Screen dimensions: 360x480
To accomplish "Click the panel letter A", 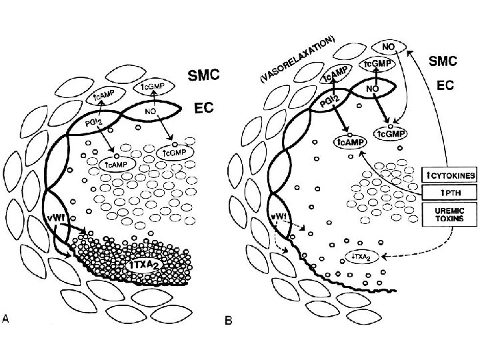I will (6, 319).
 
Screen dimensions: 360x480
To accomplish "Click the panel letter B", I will (229, 321).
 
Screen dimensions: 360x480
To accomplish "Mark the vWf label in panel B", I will (280, 217).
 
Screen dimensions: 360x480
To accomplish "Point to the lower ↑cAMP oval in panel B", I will (349, 142).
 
